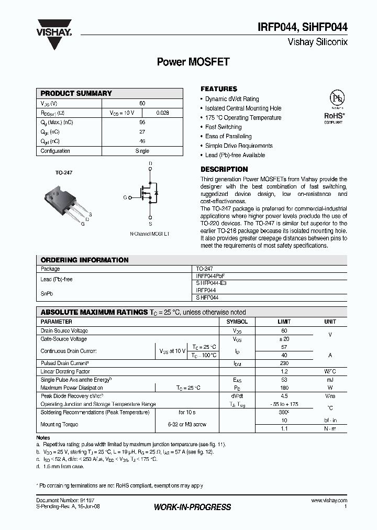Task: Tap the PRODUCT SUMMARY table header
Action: pos(76,93)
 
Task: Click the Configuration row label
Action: pos(56,151)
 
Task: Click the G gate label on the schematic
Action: pos(125,197)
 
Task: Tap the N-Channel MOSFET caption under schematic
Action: pos(150,234)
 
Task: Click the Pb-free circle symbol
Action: pos(333,100)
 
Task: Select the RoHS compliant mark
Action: pos(333,116)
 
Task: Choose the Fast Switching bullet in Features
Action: pos(223,127)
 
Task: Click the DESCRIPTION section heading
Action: pos(224,169)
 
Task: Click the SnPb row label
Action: pos(47,293)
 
